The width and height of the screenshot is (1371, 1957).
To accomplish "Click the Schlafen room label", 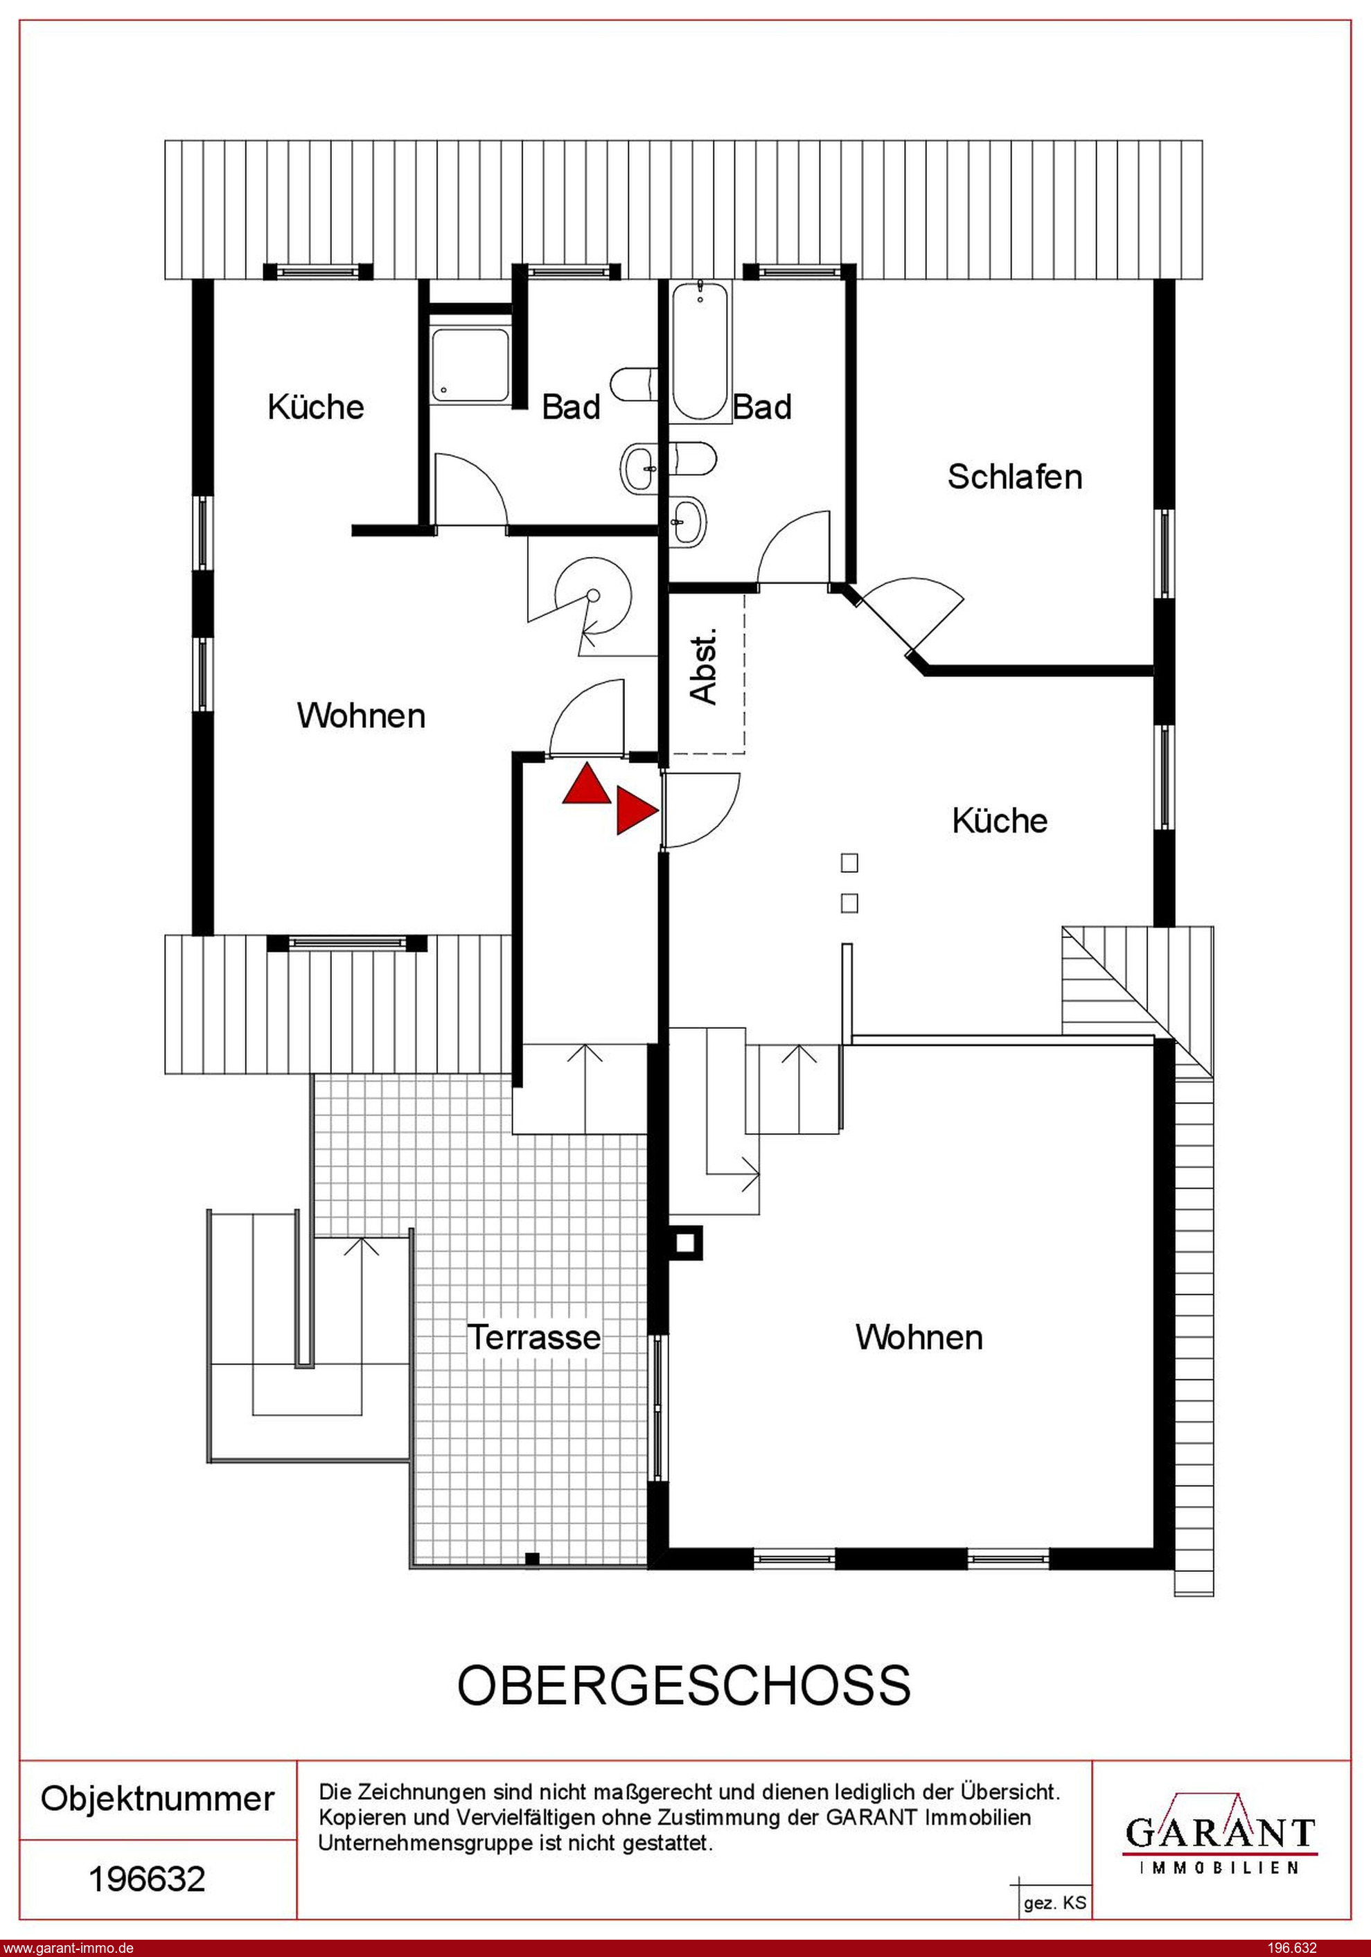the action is coord(1015,477).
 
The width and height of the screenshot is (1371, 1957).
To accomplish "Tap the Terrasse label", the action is coord(533,1336).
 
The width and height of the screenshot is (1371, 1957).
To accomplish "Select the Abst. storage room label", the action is coord(705,668).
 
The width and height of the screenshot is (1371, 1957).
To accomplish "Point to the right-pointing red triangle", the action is coord(637,811).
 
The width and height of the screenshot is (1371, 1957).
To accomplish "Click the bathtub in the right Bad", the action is coord(699,351).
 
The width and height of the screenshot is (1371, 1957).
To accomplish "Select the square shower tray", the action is coord(470,365).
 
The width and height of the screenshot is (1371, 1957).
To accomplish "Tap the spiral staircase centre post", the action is coord(594,596).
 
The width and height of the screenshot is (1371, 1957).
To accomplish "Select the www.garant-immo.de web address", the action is coord(68,1947).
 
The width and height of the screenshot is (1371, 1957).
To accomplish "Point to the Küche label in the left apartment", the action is coord(315,407).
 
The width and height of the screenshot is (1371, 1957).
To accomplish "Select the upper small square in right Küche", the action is coord(849,863).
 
